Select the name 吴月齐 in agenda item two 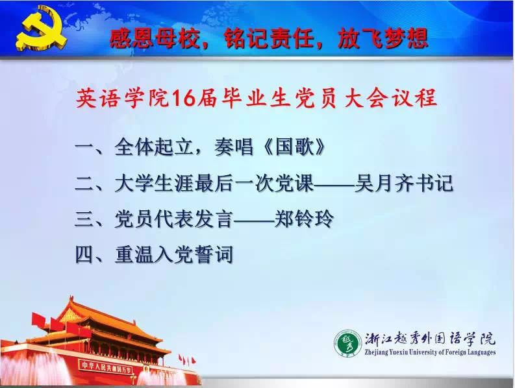[384, 183]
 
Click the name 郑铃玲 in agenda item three [304, 219]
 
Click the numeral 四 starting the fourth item [84, 255]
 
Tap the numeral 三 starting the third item [84, 219]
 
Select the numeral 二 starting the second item [84, 184]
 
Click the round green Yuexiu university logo [348, 343]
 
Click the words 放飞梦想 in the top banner [383, 38]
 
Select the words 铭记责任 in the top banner [269, 38]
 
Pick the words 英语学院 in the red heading [122, 98]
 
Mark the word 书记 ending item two [434, 183]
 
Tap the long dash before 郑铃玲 [254, 219]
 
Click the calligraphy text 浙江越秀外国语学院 [431, 339]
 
